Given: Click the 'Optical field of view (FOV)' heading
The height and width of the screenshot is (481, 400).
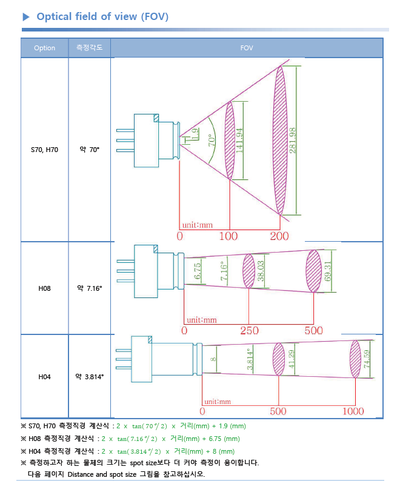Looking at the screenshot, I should click(x=102, y=16).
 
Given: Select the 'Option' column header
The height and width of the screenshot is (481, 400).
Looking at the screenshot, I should click(x=44, y=48).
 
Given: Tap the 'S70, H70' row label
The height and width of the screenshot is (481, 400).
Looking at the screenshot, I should click(x=44, y=149).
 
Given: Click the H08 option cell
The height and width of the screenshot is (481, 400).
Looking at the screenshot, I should click(x=44, y=288).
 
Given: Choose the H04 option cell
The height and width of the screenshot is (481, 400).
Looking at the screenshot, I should click(x=44, y=376).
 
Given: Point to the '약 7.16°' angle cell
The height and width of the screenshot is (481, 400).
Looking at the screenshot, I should click(x=89, y=288).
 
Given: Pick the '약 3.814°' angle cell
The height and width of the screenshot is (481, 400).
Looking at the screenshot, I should click(x=89, y=376).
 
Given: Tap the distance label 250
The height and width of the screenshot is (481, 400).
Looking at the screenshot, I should click(x=249, y=331).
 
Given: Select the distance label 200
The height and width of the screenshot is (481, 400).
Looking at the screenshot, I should click(x=279, y=236).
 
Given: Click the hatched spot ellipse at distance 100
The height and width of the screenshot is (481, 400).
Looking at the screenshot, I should click(x=229, y=141).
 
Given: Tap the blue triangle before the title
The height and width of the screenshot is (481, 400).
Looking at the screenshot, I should click(x=26, y=17).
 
